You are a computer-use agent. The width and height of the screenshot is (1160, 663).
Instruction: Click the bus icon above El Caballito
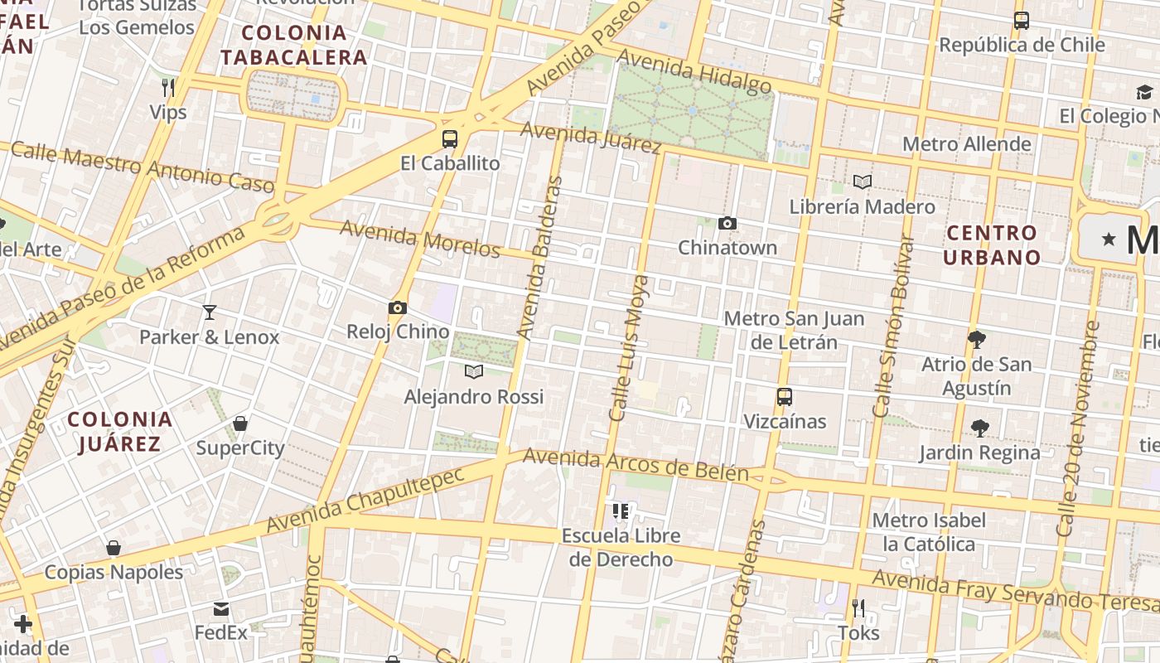click(450, 139)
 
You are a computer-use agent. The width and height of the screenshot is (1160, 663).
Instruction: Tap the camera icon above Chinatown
click(727, 223)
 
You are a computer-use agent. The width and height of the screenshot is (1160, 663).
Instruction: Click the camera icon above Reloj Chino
click(398, 308)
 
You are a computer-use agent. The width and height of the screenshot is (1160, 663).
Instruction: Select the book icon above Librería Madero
click(863, 181)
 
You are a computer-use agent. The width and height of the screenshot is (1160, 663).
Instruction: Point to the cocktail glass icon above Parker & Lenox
click(210, 312)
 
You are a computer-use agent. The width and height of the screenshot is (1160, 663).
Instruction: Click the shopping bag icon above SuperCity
click(240, 424)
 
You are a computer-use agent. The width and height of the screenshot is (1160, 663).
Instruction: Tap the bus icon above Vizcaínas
click(785, 397)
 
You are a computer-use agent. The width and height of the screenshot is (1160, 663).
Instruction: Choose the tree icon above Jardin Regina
click(980, 428)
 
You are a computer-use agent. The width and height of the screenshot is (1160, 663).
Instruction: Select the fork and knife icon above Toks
click(858, 609)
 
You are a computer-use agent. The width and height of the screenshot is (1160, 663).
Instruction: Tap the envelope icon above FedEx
click(221, 609)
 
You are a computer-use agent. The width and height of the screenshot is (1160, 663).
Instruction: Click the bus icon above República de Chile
click(1022, 21)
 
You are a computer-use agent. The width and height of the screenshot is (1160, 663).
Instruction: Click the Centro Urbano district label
click(992, 244)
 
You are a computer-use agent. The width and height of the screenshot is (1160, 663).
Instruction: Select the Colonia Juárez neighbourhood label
click(120, 431)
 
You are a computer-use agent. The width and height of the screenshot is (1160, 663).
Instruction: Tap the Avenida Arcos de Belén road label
click(636, 465)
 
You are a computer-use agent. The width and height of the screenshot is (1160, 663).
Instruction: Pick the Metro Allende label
click(966, 144)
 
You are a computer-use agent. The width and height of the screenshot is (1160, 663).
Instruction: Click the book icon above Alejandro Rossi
click(473, 371)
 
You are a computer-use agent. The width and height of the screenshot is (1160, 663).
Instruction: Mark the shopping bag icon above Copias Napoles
click(114, 548)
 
